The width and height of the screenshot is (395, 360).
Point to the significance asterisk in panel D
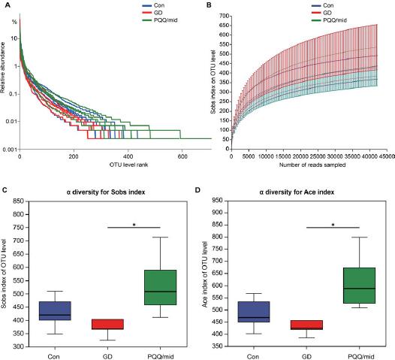pos(333,224)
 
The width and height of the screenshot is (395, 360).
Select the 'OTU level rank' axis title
pos(115,167)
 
